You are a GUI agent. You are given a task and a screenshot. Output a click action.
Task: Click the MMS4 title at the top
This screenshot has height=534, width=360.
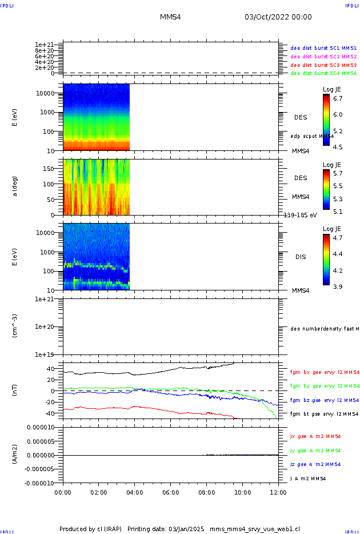[x=170, y=17]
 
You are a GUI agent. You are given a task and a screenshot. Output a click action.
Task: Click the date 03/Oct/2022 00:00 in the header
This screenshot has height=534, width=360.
[x=278, y=17]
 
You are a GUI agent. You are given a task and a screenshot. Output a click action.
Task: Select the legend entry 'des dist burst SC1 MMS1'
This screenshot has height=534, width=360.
[x=323, y=48]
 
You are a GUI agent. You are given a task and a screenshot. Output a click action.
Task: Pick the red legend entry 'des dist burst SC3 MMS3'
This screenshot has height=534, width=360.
[x=323, y=65]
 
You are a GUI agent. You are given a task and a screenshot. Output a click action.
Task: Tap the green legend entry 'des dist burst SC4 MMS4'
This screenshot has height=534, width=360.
[x=323, y=73]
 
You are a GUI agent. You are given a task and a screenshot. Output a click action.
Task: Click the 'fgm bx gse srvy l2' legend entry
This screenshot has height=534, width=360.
[x=323, y=372]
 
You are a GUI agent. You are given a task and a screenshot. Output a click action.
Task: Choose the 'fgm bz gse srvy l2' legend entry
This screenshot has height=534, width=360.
[x=323, y=400]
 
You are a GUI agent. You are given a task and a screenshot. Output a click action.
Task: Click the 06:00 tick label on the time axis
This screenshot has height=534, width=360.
[x=171, y=492]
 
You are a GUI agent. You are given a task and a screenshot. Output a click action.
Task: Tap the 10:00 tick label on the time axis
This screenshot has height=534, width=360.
[x=243, y=492]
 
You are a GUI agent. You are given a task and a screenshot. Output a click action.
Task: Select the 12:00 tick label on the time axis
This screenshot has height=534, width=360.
[x=278, y=492]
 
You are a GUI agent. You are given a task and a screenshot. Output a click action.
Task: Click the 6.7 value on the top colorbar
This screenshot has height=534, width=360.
[x=338, y=98]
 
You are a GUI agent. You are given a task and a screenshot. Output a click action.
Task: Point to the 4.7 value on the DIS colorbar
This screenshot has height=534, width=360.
[x=338, y=237]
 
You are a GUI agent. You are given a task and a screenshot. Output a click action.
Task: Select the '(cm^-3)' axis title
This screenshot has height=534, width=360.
[x=15, y=326]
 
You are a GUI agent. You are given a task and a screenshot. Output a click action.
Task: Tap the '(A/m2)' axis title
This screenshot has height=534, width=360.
[x=15, y=455]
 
